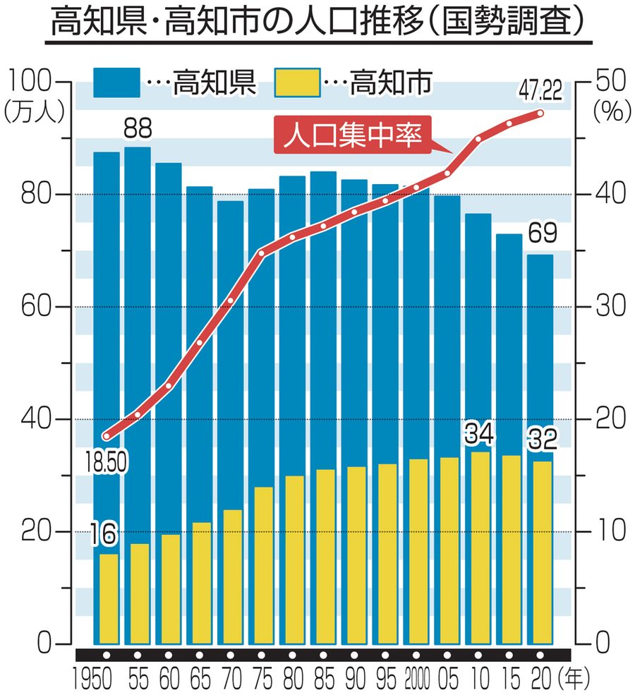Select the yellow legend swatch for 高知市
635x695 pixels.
coord(296,83)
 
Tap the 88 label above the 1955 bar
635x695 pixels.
coord(138,129)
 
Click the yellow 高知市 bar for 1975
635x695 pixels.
coord(261,564)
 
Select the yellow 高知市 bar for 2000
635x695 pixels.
coord(417,550)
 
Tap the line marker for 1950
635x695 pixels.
coord(107,435)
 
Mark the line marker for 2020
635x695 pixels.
coord(540,113)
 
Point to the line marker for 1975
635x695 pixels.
coord(261,253)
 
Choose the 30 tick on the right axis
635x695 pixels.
coord(607,307)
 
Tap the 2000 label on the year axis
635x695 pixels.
coord(416,679)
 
